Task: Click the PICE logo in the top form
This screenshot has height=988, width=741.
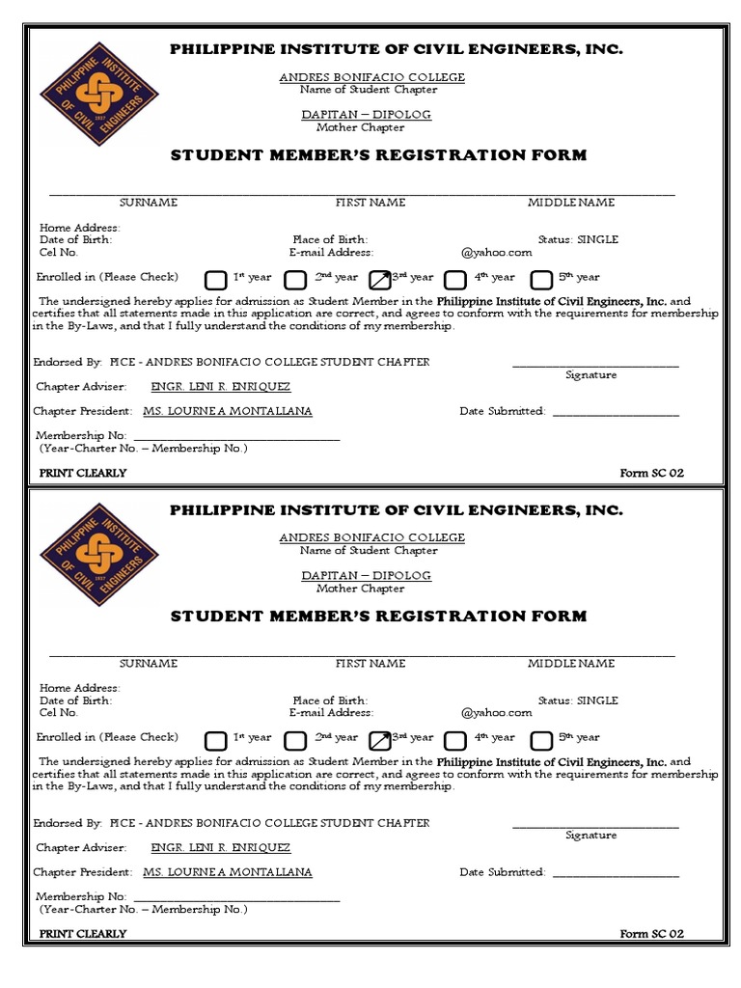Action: [93, 94]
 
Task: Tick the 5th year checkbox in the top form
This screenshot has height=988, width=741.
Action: [542, 280]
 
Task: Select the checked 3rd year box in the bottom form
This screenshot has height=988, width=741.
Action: [379, 740]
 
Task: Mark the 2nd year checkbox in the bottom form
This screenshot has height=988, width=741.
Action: [295, 740]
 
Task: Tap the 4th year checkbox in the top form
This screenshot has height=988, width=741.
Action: [454, 280]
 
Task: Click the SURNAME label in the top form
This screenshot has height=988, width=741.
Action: [148, 203]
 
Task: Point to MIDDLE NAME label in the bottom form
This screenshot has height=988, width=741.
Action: [570, 663]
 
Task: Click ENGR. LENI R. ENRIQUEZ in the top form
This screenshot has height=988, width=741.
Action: [220, 387]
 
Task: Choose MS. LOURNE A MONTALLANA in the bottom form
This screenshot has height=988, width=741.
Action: [227, 872]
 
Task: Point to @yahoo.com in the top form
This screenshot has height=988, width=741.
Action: [496, 253]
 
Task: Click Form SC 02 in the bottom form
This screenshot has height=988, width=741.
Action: [651, 933]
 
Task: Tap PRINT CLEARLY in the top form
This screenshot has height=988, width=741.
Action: [83, 473]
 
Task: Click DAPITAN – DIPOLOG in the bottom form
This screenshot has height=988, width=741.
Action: [366, 575]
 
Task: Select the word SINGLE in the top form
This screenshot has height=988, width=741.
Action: [598, 239]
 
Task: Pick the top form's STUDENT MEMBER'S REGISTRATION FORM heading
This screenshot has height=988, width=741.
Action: [378, 155]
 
